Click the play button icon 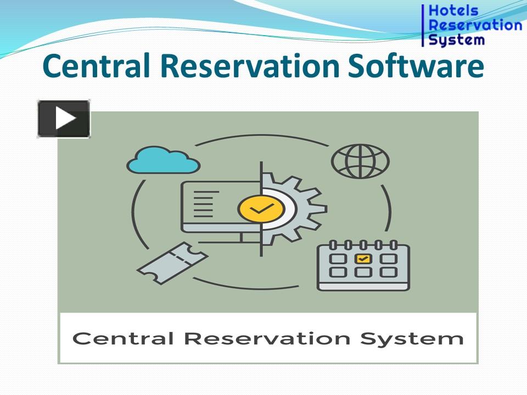click(64, 119)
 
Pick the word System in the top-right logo click(456, 39)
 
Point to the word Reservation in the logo click(475, 25)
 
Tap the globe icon click(360, 161)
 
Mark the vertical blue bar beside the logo click(423, 25)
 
